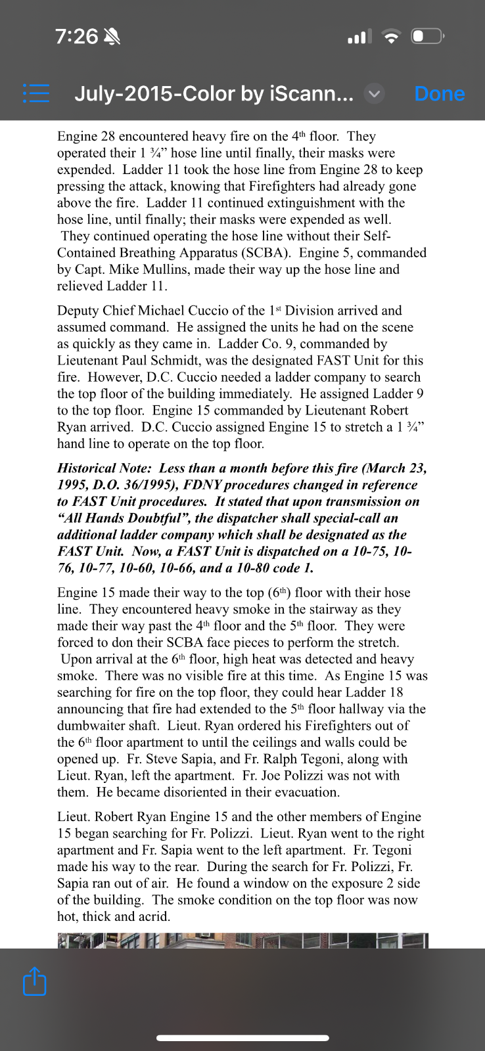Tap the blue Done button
pos(439,94)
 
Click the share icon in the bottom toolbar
pos(35,981)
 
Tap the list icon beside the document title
pos(36,93)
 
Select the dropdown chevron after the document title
pos(374,94)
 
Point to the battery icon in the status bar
pos(428,36)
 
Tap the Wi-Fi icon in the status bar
pos(392,37)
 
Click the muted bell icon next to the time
pos(112,37)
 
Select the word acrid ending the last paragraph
pos(152,916)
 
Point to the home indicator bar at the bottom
pos(242,1038)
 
